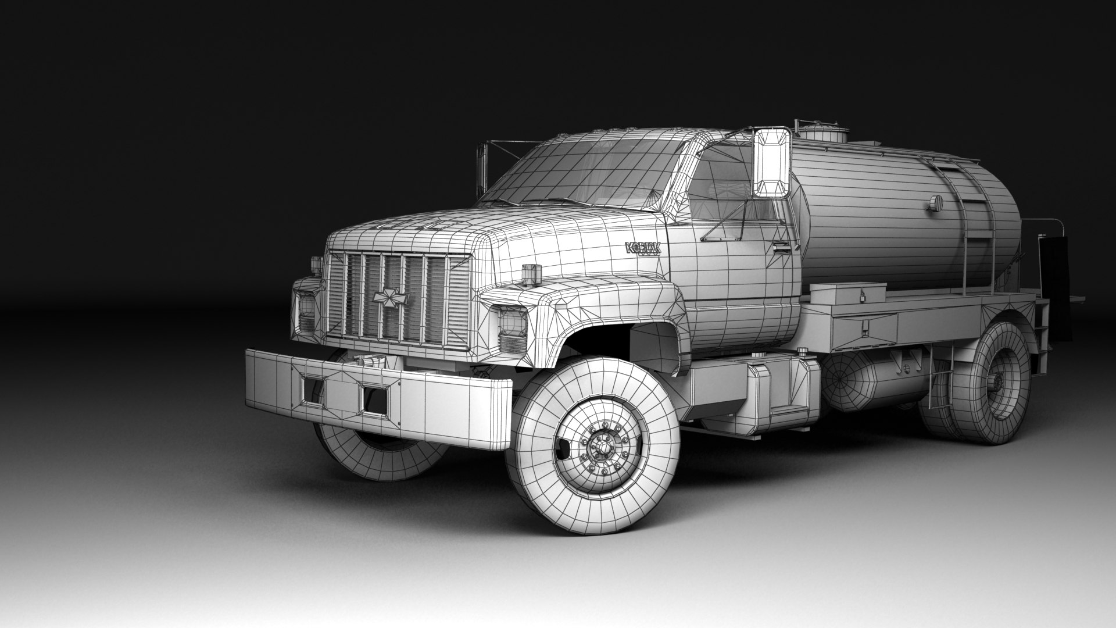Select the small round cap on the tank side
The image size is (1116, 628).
tap(935, 203)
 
